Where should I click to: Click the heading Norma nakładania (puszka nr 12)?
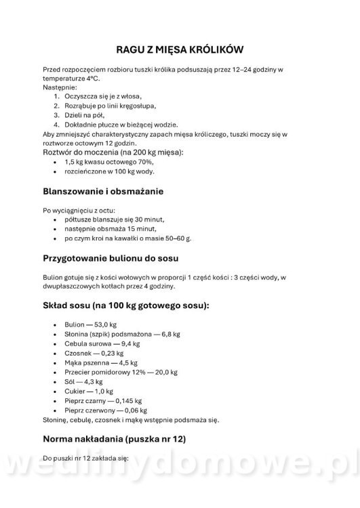(x=114, y=439)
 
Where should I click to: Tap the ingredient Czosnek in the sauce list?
(x=79, y=353)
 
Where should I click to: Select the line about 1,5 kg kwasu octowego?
(x=109, y=163)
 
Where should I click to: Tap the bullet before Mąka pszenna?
(x=54, y=362)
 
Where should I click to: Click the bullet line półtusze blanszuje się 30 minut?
(x=115, y=219)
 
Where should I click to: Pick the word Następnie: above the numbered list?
(x=60, y=87)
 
